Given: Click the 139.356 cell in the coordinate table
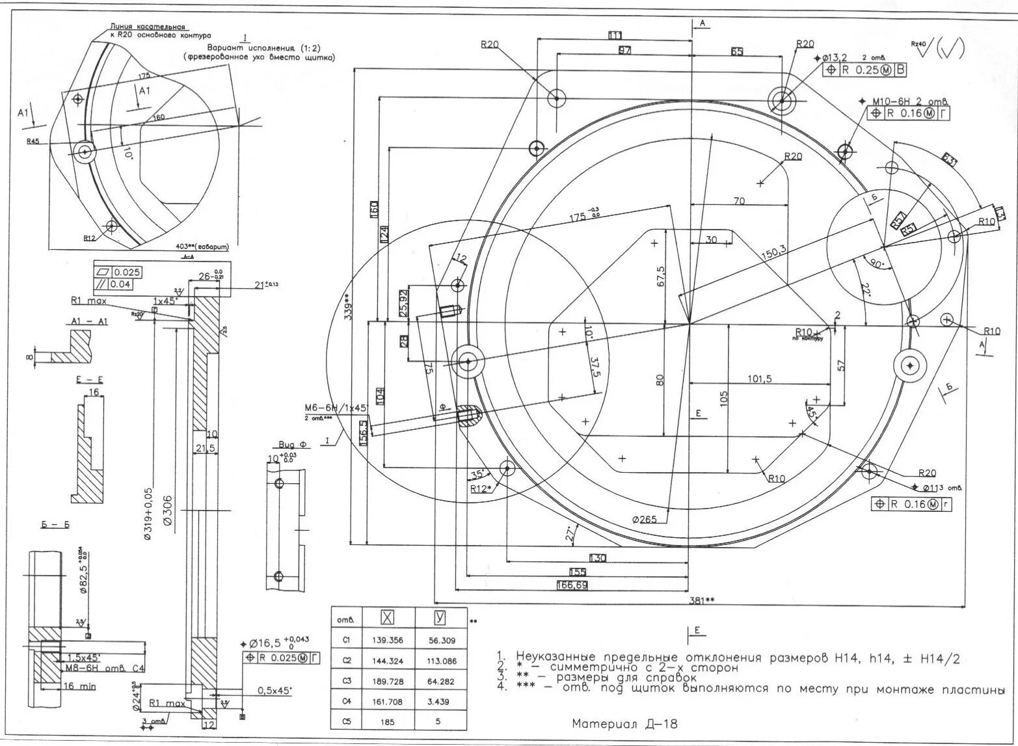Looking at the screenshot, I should [387, 640].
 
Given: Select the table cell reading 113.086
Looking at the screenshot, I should [442, 661].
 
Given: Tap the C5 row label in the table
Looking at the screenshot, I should [346, 722].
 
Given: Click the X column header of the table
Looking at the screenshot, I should [387, 618].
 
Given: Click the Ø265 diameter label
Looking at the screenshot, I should [644, 519].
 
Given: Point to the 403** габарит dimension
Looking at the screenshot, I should [202, 247].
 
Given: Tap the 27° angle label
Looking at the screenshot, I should [570, 535].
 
